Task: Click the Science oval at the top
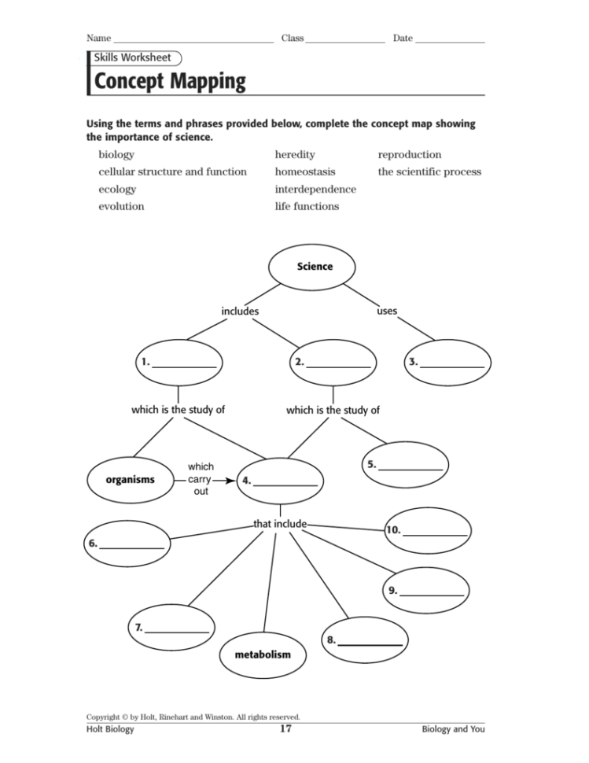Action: pos(315,267)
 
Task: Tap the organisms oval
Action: pos(131,479)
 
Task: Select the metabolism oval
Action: pos(263,654)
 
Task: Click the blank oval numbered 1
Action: pos(178,362)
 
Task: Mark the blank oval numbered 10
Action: pos(428,531)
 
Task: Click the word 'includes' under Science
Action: pos(240,311)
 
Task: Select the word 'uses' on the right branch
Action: pos(387,311)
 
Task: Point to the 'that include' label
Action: pos(280,523)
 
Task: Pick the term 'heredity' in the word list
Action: pos(294,155)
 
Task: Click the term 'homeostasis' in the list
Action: pos(304,171)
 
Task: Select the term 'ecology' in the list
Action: pos(117,190)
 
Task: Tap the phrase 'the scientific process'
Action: pos(429,171)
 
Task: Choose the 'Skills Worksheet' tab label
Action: pos(132,57)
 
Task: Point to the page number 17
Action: pos(286,729)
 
